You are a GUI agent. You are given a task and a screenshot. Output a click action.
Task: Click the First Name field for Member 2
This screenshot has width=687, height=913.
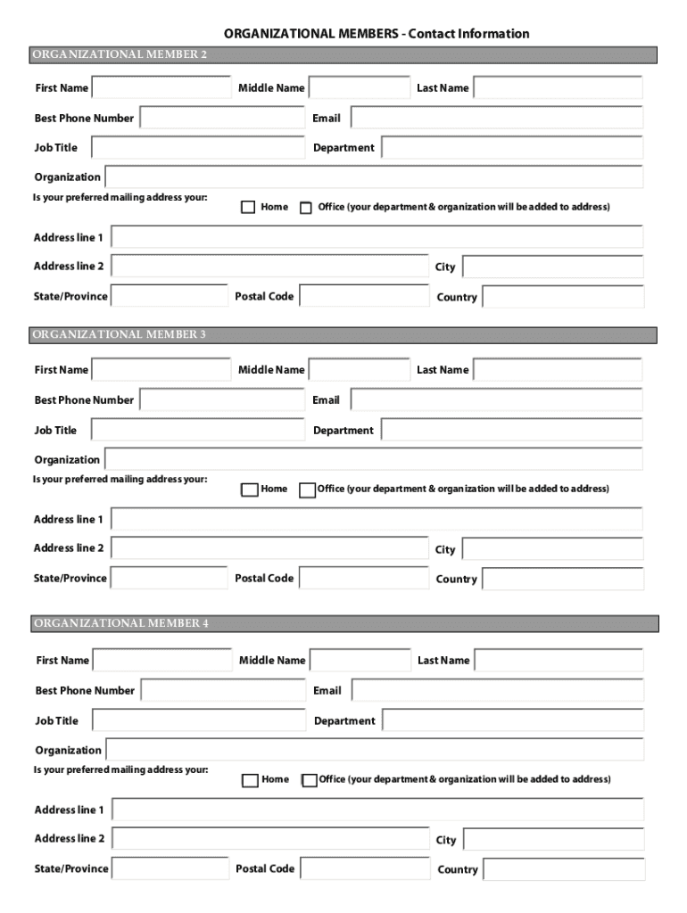pyautogui.click(x=161, y=87)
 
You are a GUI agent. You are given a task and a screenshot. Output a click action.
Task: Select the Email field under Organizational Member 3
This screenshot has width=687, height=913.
pyautogui.click(x=497, y=399)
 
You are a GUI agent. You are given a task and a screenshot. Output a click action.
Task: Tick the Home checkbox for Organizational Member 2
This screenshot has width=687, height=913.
pyautogui.click(x=249, y=208)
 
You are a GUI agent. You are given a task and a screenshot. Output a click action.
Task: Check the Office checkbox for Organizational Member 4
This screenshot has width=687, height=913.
pyautogui.click(x=310, y=780)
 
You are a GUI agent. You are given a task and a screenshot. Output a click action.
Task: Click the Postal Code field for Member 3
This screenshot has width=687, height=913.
pyautogui.click(x=364, y=578)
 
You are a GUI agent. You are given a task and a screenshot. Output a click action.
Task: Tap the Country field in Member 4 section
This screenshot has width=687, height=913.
pyautogui.click(x=563, y=869)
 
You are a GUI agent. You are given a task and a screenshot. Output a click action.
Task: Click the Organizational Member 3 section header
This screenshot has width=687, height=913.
pyautogui.click(x=343, y=335)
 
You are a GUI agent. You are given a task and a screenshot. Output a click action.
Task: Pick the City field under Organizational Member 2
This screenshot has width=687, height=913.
pyautogui.click(x=552, y=267)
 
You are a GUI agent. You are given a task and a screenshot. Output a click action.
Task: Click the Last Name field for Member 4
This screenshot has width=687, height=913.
pyautogui.click(x=558, y=660)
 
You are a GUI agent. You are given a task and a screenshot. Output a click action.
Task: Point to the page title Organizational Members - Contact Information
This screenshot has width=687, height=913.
pyautogui.click(x=376, y=34)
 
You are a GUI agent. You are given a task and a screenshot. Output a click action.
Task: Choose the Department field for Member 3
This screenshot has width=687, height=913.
pyautogui.click(x=511, y=430)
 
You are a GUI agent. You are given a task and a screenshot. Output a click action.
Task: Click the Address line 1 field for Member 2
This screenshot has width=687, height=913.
pyautogui.click(x=377, y=237)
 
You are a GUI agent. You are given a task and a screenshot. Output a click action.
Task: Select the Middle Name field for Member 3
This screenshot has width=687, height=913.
pyautogui.click(x=359, y=369)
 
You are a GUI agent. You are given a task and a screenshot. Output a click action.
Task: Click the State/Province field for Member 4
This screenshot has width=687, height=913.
pyautogui.click(x=170, y=868)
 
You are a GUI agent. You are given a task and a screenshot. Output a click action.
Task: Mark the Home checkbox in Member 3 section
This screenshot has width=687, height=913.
pyautogui.click(x=249, y=489)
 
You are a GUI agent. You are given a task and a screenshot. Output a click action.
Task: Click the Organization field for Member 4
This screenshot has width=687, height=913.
pyautogui.click(x=375, y=750)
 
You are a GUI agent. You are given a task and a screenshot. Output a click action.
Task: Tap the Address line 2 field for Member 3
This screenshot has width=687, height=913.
pyautogui.click(x=270, y=548)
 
